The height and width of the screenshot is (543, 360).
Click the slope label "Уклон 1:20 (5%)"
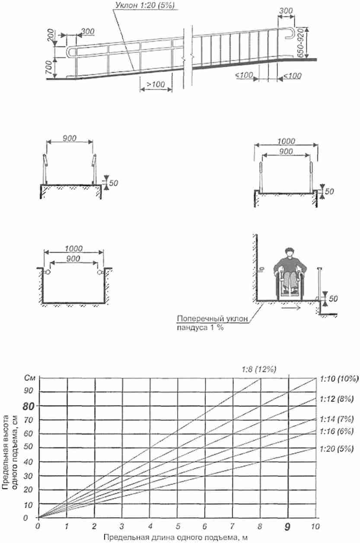pyautogui.click(x=145, y=5)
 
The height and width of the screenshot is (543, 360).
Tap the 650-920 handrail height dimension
pyautogui.click(x=300, y=43)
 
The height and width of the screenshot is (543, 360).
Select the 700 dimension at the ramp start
pyautogui.click(x=49, y=68)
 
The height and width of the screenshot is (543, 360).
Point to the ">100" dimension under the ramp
pyautogui.click(x=156, y=84)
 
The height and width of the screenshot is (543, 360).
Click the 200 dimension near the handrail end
pyautogui.click(x=50, y=35)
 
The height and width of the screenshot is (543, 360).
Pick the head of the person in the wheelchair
pyautogui.click(x=290, y=253)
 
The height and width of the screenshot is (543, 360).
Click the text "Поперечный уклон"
pyautogui.click(x=213, y=318)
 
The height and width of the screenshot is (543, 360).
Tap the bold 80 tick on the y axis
pyautogui.click(x=29, y=406)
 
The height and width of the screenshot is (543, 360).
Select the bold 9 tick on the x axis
pyautogui.click(x=287, y=527)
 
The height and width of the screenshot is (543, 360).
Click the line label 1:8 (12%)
pyautogui.click(x=259, y=369)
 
